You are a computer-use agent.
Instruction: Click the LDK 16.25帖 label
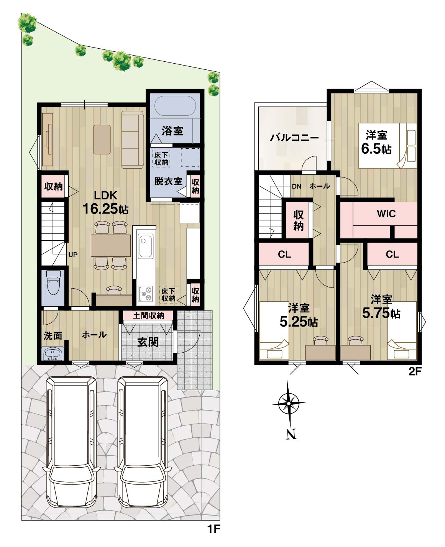pyautogui.click(x=105, y=203)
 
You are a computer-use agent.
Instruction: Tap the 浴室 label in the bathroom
pyautogui.click(x=172, y=131)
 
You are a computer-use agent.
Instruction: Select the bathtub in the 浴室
pyautogui.click(x=175, y=106)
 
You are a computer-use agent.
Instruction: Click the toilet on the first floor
pyautogui.click(x=53, y=283)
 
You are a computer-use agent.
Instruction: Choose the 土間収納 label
pyautogui.click(x=148, y=315)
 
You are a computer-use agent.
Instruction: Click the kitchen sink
pyautogui.click(x=146, y=246)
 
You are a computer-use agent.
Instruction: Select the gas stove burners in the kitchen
pyautogui.click(x=146, y=294)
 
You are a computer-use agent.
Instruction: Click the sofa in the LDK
pyautogui.click(x=133, y=140)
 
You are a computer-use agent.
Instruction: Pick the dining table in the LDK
pyautogui.click(x=111, y=245)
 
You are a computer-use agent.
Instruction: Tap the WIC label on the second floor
pyautogui.click(x=386, y=214)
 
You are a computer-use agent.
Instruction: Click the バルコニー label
pyautogui.click(x=294, y=138)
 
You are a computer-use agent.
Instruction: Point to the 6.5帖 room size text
pyautogui.click(x=376, y=149)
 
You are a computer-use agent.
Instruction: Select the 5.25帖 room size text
pyautogui.click(x=299, y=322)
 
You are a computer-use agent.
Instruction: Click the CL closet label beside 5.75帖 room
pyautogui.click(x=392, y=254)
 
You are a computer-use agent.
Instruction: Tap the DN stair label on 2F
pyautogui.click(x=297, y=186)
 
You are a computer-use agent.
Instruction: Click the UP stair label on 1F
pyautogui.click(x=73, y=255)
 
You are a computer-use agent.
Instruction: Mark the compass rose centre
pyautogui.click(x=289, y=403)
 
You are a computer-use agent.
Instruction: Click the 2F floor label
pyautogui.click(x=415, y=371)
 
